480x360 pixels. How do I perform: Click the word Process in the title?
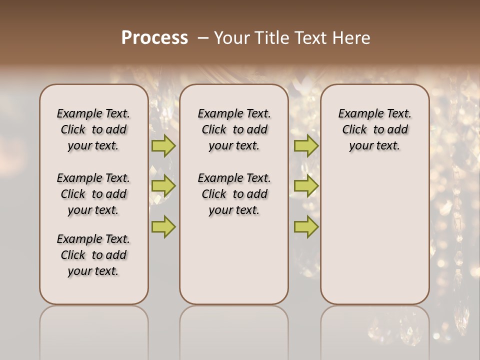click(x=154, y=38)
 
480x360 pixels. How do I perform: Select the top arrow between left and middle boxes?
click(x=163, y=146)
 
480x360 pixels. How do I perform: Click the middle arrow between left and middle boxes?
click(x=163, y=186)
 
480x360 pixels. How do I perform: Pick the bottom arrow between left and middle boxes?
click(x=163, y=226)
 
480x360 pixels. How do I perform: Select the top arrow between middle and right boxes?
click(x=306, y=146)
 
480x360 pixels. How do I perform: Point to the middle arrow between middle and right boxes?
click(x=306, y=186)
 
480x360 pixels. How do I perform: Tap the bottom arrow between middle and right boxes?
click(x=306, y=226)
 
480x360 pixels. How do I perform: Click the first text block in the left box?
click(x=93, y=129)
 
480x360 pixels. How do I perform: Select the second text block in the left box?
click(x=93, y=194)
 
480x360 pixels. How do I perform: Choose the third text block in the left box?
click(x=93, y=255)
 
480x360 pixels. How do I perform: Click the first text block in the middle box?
click(x=234, y=129)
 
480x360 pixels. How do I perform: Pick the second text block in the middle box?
click(x=234, y=194)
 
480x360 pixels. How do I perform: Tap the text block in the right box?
click(x=375, y=129)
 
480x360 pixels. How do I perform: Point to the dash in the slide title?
click(x=203, y=38)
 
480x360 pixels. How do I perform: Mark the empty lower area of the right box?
click(x=375, y=235)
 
